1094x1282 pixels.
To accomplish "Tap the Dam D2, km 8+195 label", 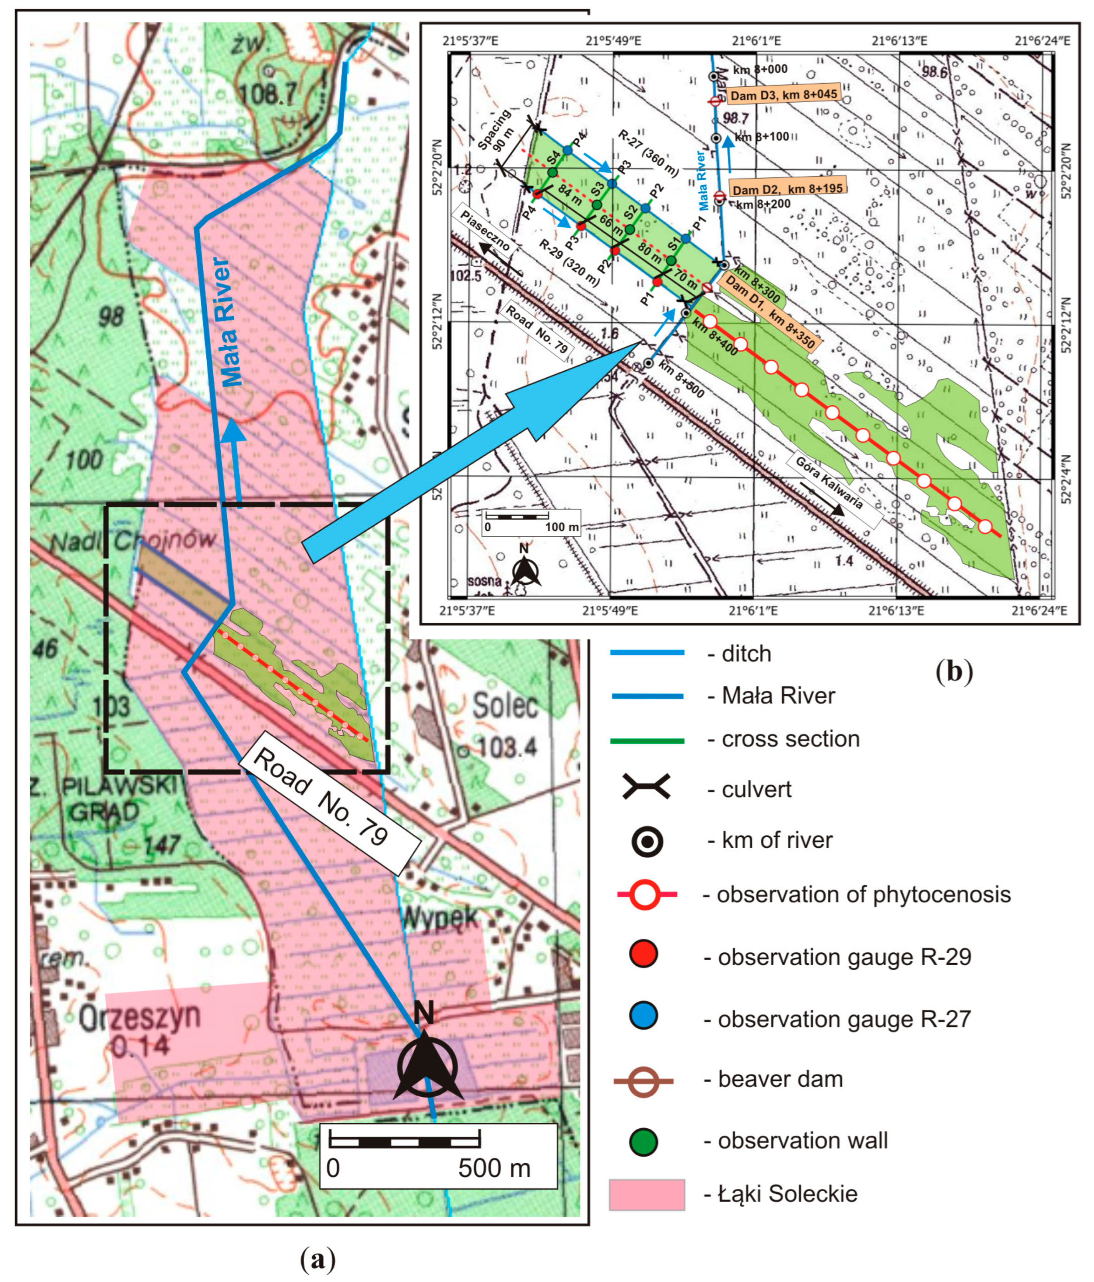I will (787, 188).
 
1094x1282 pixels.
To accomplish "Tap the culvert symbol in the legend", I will (646, 788).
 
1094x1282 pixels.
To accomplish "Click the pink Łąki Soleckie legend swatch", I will (647, 1194).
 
